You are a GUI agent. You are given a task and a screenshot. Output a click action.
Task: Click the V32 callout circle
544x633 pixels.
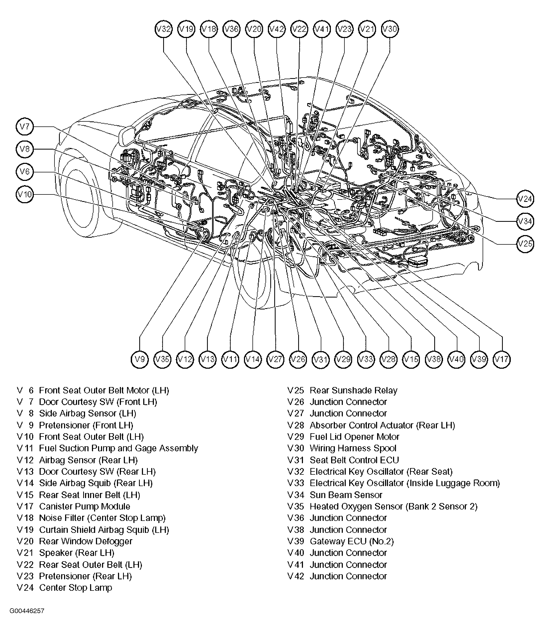pyautogui.click(x=163, y=29)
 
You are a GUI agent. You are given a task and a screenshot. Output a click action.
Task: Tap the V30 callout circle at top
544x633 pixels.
pyautogui.click(x=390, y=29)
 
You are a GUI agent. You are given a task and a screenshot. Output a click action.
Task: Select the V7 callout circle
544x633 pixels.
pyautogui.click(x=24, y=126)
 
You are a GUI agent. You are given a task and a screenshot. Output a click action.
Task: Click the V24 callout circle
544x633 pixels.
pyautogui.click(x=525, y=199)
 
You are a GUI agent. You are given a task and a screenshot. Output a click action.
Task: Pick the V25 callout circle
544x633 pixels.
pyautogui.click(x=525, y=244)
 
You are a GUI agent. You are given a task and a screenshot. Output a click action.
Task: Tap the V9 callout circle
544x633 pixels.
pyautogui.click(x=140, y=359)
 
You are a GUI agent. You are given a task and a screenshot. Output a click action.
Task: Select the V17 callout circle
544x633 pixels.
pyautogui.click(x=501, y=359)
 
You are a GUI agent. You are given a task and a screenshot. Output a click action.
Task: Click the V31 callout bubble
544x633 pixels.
pyautogui.click(x=321, y=359)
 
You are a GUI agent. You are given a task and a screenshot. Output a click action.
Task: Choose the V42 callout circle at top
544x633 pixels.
pyautogui.click(x=277, y=29)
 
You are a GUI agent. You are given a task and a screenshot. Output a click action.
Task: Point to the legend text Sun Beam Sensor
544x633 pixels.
pyautogui.click(x=346, y=495)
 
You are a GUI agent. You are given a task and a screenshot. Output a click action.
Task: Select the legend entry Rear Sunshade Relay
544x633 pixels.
pyautogui.click(x=353, y=390)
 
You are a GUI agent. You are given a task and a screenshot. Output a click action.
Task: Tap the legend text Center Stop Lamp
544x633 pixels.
pyautogui.click(x=75, y=588)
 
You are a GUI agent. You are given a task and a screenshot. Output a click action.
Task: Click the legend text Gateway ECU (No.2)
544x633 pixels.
pyautogui.click(x=351, y=541)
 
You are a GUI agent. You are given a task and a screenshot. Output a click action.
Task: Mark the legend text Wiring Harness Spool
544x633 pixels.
pyautogui.click(x=353, y=448)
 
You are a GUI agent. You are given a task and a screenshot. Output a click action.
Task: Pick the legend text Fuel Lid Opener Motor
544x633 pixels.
pyautogui.click(x=354, y=437)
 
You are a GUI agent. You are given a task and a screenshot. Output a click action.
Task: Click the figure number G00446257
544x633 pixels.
pyautogui.click(x=27, y=611)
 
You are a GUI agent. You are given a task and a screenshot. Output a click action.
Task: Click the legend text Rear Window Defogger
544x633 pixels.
pyautogui.click(x=86, y=541)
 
